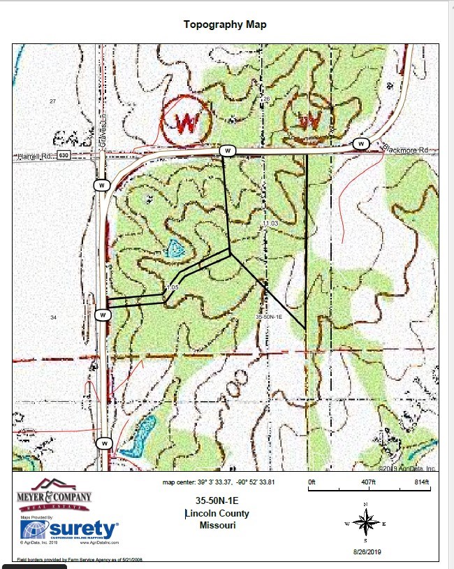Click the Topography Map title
click(x=225, y=24)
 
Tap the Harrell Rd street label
click(x=35, y=157)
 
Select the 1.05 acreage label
click(x=173, y=287)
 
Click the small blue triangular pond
click(x=173, y=247)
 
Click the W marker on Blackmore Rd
click(x=360, y=144)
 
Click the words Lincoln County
click(x=217, y=514)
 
